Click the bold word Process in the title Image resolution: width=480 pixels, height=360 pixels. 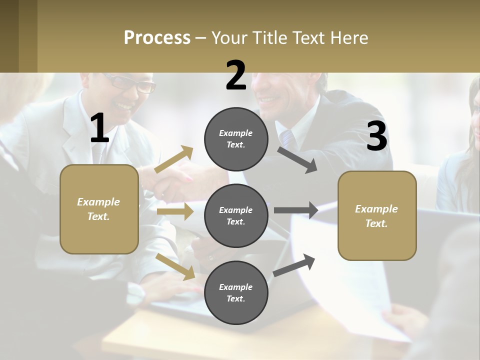(157, 37)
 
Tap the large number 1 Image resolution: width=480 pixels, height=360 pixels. (99, 128)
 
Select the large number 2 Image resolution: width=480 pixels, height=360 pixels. (236, 76)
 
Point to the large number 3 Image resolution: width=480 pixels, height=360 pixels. (377, 136)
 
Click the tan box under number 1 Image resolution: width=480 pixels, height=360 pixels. (99, 209)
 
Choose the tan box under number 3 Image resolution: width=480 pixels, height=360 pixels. (377, 215)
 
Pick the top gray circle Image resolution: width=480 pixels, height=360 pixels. (236, 138)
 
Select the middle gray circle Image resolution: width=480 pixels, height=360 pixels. (236, 215)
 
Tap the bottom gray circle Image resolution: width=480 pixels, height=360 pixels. (236, 292)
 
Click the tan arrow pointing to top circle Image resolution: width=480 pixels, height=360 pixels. (174, 159)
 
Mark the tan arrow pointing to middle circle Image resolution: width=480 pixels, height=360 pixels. (175, 211)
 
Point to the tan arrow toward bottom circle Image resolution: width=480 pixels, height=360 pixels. (175, 266)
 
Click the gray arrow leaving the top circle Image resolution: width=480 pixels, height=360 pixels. (297, 160)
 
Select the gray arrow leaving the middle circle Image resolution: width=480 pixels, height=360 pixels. (296, 210)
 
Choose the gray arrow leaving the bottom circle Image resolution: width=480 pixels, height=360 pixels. (294, 265)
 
